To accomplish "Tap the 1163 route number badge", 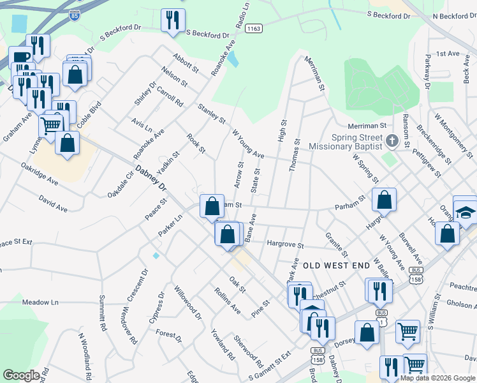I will pyautogui.click(x=254, y=28).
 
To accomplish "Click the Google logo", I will pyautogui.click(x=22, y=375).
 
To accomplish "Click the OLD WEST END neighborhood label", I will pyautogui.click(x=336, y=264).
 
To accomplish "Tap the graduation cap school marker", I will pyautogui.click(x=467, y=211).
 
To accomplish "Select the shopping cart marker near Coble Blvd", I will pyautogui.click(x=51, y=124).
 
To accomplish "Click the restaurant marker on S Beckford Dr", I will pyautogui.click(x=172, y=21).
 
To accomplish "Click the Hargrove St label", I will pyautogui.click(x=285, y=244).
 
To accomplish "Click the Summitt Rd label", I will pyautogui.click(x=102, y=313).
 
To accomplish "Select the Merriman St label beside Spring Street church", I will pyautogui.click(x=367, y=126).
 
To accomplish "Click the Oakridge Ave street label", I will pyautogui.click(x=40, y=173).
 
